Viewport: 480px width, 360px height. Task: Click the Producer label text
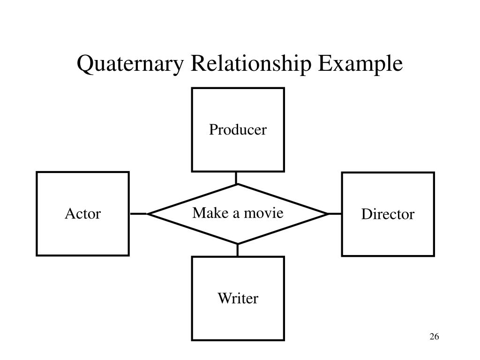(238, 129)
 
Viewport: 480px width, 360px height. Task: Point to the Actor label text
(82, 214)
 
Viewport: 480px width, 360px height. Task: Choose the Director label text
(388, 214)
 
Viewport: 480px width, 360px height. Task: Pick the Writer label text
(238, 298)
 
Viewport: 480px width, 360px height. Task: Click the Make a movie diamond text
(238, 213)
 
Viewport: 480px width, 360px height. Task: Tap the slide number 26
(434, 337)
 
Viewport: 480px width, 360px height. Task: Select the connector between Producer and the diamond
(236, 178)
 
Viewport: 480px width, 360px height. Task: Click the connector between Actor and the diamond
(138, 214)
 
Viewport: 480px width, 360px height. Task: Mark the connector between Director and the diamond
(335, 214)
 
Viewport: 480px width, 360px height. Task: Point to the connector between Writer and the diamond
(238, 250)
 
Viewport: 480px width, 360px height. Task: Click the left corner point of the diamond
(148, 214)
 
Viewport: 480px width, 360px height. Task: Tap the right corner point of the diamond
(328, 214)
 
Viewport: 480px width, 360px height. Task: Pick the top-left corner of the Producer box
(192, 89)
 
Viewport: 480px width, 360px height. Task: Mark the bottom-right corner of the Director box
(434, 255)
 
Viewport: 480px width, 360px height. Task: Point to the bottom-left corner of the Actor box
(37, 255)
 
